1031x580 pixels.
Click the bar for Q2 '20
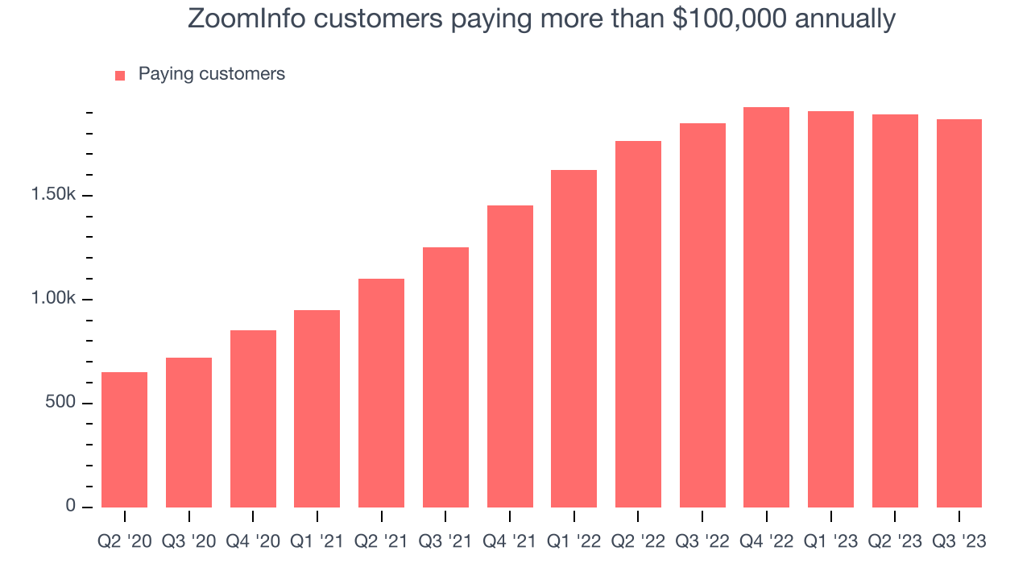[x=124, y=440]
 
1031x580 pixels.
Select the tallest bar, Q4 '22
[x=766, y=308]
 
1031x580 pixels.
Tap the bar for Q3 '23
[x=959, y=313]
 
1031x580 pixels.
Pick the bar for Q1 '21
[x=317, y=408]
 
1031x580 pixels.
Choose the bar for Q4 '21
[x=510, y=356]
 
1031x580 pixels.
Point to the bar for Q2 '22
[x=638, y=324]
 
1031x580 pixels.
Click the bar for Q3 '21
[x=445, y=378]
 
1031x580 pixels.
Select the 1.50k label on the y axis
[x=53, y=194]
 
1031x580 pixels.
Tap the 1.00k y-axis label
[x=53, y=298]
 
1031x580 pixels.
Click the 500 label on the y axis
[x=60, y=402]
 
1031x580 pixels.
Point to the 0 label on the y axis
[x=70, y=505]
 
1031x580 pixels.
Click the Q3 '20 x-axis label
[x=188, y=541]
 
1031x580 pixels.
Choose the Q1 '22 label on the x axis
[x=574, y=541]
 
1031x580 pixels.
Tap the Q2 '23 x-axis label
[x=895, y=541]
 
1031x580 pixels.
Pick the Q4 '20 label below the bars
[x=253, y=541]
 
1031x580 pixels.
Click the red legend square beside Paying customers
[x=120, y=76]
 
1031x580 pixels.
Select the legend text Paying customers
[x=212, y=74]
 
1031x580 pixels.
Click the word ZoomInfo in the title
[x=246, y=19]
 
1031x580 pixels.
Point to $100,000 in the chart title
[x=730, y=19]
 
